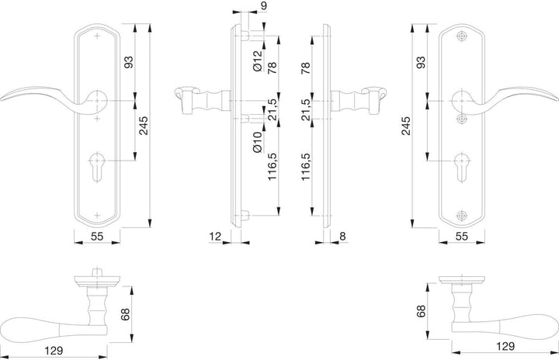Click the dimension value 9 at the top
263,6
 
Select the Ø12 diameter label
258,61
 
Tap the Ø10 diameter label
258,142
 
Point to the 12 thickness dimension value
215,236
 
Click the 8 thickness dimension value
342,236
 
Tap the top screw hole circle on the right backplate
462,36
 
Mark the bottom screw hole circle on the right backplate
462,215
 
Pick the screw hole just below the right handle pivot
462,119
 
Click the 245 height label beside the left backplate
144,126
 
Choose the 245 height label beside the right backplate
406,126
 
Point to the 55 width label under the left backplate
97,236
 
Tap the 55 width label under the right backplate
462,236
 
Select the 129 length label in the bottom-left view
54,351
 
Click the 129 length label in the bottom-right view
505,346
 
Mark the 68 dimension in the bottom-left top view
125,314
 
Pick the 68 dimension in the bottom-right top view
422,311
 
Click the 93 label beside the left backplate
129,62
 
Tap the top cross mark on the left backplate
97,36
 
